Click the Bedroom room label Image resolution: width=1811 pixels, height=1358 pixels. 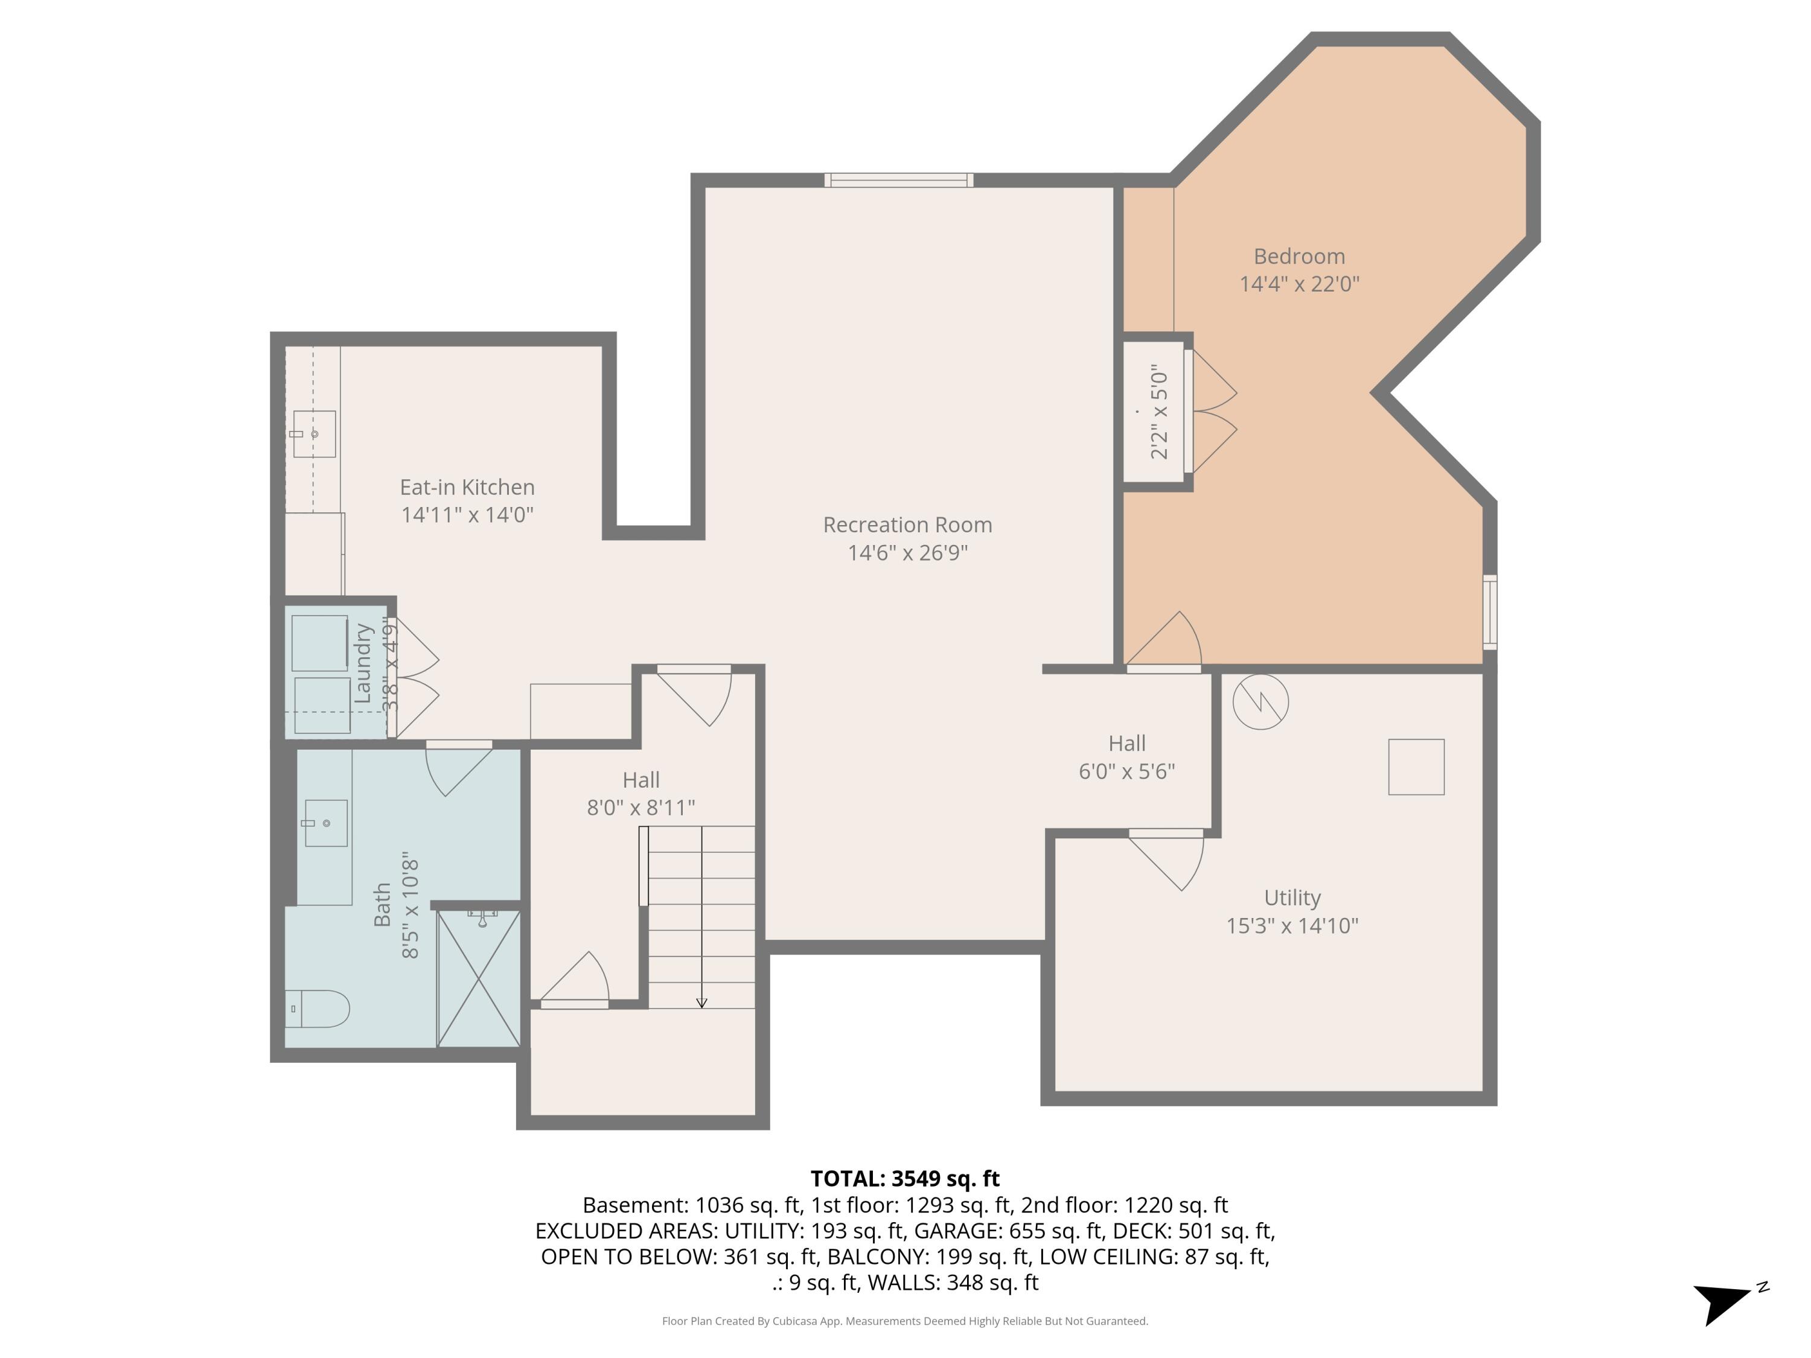point(1298,257)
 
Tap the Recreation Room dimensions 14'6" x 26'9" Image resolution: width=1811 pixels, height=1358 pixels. point(907,552)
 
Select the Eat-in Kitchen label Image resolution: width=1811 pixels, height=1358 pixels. point(467,487)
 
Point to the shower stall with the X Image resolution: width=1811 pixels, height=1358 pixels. point(479,978)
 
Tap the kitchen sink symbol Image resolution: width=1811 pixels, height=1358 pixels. point(315,434)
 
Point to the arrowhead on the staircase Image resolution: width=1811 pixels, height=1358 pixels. point(701,1003)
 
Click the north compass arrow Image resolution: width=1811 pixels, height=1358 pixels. point(1723,1301)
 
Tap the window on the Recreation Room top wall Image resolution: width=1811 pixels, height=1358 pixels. point(898,180)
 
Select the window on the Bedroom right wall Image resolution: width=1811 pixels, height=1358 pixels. point(1490,612)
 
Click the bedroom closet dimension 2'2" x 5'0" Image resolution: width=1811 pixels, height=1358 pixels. point(1159,412)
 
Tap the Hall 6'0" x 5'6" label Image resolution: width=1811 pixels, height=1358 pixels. point(1126,757)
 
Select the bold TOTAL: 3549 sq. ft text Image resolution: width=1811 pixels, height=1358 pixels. point(905,1178)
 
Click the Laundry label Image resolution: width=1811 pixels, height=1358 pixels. point(363,663)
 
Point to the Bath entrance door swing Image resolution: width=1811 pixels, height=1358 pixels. point(455,770)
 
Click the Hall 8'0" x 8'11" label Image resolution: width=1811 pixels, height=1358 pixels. point(640,793)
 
